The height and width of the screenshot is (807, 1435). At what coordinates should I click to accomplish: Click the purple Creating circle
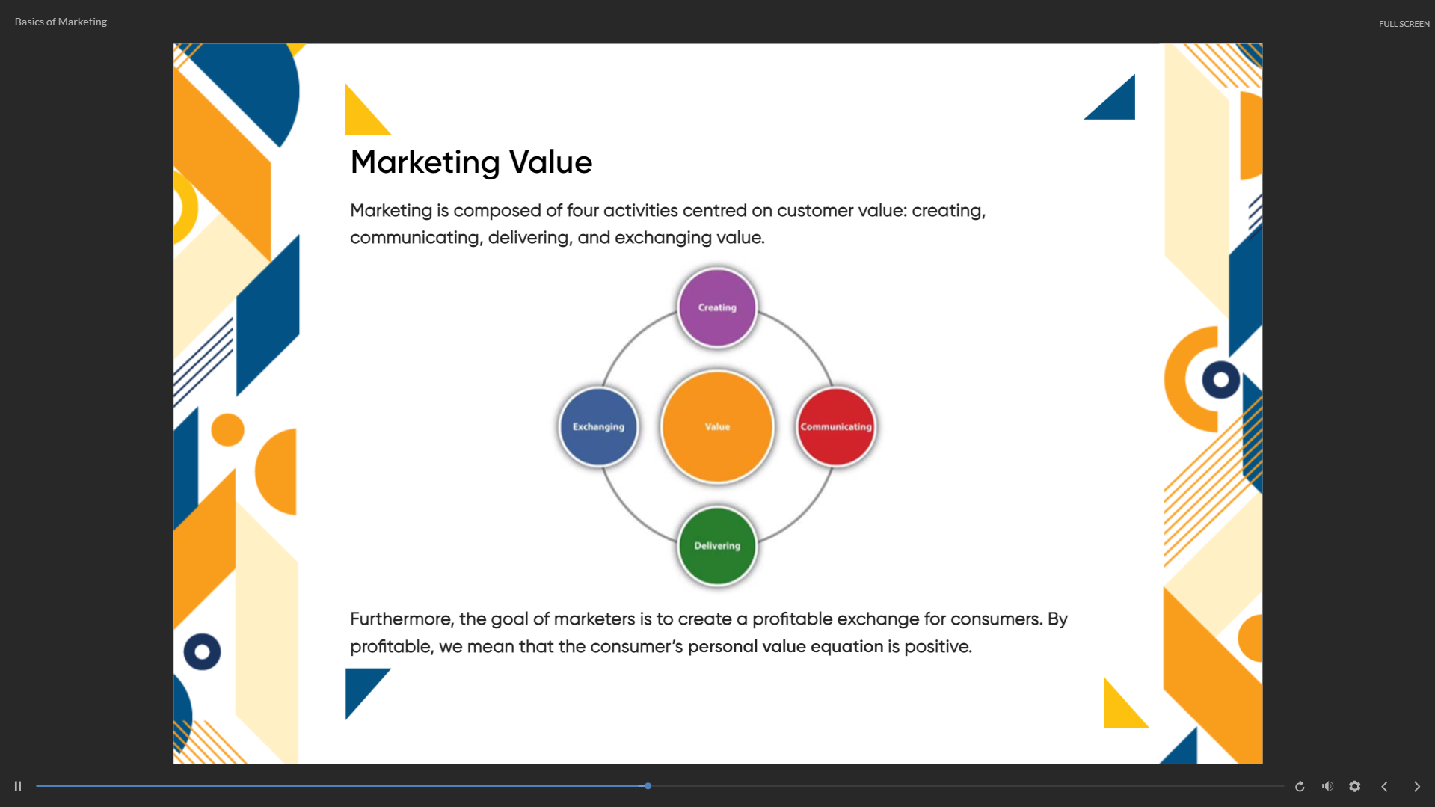pyautogui.click(x=717, y=307)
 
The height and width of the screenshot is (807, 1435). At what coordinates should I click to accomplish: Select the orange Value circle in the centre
pyautogui.click(x=717, y=426)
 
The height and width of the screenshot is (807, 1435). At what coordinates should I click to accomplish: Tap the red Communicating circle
pyautogui.click(x=836, y=426)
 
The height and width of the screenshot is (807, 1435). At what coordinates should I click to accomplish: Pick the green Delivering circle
pyautogui.click(x=717, y=546)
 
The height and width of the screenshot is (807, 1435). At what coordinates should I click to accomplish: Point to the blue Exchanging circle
pyautogui.click(x=598, y=426)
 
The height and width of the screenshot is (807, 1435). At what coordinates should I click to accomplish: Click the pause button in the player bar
pyautogui.click(x=18, y=786)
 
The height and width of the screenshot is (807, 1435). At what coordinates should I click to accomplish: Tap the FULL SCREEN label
pyautogui.click(x=1404, y=24)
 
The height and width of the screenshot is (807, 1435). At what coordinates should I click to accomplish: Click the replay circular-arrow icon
pyautogui.click(x=1300, y=786)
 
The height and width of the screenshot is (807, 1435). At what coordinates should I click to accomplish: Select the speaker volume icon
pyautogui.click(x=1327, y=786)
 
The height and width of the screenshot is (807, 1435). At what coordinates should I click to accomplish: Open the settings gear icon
pyautogui.click(x=1355, y=786)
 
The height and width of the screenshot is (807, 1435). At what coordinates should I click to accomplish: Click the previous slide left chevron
pyautogui.click(x=1385, y=786)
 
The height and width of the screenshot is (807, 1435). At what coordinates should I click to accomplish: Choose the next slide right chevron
pyautogui.click(x=1416, y=786)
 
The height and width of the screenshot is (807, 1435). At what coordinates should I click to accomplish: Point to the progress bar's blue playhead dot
pyautogui.click(x=648, y=786)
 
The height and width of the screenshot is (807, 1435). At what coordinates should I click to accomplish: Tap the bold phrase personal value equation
pyautogui.click(x=785, y=647)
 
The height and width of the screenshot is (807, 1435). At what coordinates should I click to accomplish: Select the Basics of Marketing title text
pyautogui.click(x=61, y=22)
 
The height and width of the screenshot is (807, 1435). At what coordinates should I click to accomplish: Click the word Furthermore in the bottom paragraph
pyautogui.click(x=402, y=619)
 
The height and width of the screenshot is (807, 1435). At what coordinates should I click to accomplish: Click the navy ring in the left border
pyautogui.click(x=202, y=652)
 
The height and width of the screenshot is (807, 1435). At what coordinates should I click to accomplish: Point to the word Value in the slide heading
pyautogui.click(x=550, y=162)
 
